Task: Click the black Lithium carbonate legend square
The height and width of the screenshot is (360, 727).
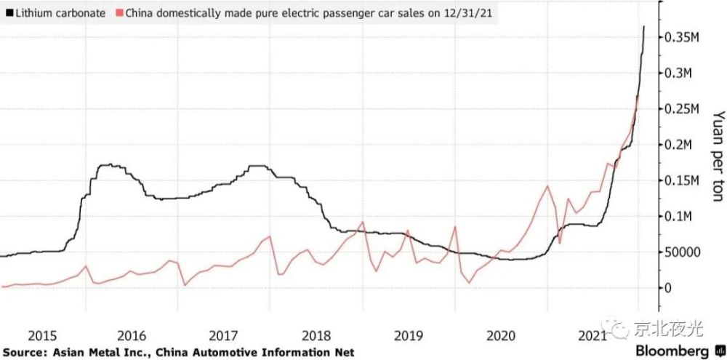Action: click(9, 14)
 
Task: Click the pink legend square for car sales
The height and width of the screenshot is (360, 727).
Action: click(120, 14)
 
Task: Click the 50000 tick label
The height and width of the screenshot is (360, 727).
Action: click(683, 252)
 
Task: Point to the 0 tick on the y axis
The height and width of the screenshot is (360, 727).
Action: click(669, 288)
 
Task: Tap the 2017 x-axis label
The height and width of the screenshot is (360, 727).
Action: click(224, 336)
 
